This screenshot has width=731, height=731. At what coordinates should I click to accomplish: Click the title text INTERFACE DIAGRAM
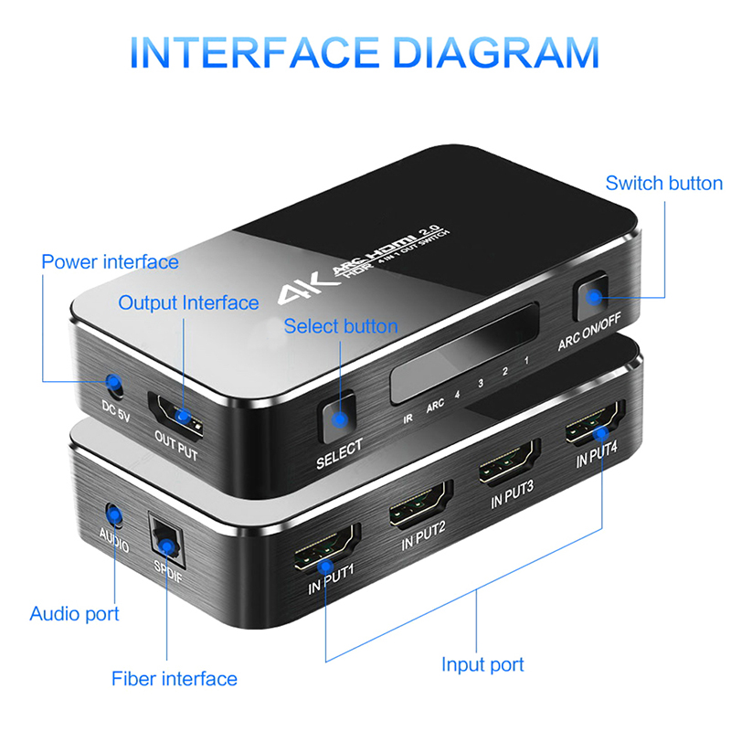tap(365, 52)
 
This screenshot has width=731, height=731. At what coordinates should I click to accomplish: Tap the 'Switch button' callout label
tap(664, 184)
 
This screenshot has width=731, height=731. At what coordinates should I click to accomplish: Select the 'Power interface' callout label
tap(110, 262)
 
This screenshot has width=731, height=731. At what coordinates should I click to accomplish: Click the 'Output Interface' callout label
tap(188, 303)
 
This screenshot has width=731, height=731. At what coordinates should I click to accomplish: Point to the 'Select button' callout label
tap(341, 326)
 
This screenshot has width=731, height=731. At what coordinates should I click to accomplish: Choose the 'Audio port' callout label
tap(75, 614)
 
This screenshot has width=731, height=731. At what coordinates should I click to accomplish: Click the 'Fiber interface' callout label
tap(175, 679)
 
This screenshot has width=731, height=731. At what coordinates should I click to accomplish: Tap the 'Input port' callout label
tap(482, 665)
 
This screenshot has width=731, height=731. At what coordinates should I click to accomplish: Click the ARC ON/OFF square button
tap(592, 296)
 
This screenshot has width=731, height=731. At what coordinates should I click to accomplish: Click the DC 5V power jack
tap(113, 385)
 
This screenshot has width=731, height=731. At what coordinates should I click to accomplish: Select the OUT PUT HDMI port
tap(175, 416)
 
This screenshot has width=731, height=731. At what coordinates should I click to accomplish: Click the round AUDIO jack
tap(113, 515)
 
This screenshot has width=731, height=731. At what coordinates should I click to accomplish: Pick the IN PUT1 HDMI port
tap(326, 548)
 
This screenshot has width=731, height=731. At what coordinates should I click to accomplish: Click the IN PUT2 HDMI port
tap(421, 505)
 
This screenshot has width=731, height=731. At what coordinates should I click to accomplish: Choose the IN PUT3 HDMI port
tap(509, 462)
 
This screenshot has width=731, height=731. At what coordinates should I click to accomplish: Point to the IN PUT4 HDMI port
tap(596, 423)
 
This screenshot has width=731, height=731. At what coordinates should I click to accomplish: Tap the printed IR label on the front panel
tap(408, 418)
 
